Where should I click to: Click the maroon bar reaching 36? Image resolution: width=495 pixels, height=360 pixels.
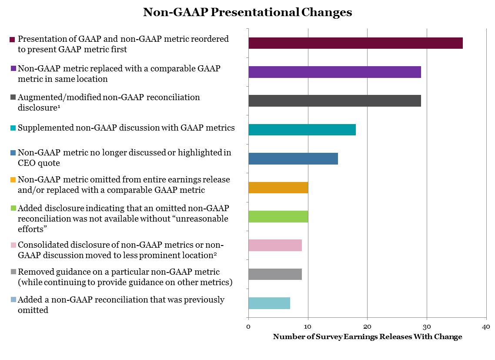point(355,43)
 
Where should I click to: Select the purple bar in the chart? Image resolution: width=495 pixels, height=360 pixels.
point(334,72)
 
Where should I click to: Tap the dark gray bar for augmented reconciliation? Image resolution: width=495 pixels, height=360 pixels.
point(334,101)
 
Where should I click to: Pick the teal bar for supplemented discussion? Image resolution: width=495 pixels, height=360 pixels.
point(302,130)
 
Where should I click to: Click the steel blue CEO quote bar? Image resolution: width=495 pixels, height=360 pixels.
point(293,158)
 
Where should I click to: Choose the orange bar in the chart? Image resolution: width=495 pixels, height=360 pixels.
point(278,187)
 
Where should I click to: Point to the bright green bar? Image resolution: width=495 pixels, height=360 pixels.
point(278,216)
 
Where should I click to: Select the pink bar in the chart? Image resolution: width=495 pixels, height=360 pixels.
point(275,245)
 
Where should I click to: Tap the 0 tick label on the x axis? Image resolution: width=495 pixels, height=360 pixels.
point(248,327)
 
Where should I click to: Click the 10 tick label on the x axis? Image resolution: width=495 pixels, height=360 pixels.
point(308,327)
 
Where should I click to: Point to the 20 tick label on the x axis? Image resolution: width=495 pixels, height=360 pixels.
point(367,327)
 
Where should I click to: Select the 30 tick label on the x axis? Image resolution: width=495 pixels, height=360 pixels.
point(427,327)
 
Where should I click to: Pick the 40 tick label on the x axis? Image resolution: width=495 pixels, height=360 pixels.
point(486,327)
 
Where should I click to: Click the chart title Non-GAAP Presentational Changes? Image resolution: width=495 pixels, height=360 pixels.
point(248,12)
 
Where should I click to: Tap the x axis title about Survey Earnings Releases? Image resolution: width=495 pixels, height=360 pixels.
point(367,337)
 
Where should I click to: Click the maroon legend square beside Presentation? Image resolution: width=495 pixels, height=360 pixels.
point(12,40)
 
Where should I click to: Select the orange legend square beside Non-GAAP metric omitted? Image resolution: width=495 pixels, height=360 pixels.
point(12,180)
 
